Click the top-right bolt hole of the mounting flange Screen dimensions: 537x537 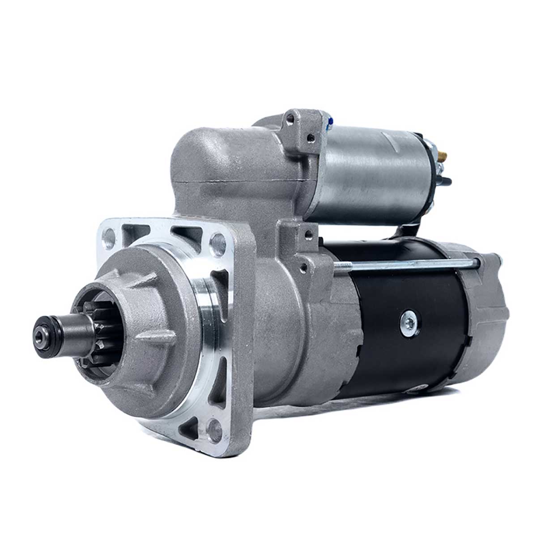[218, 241]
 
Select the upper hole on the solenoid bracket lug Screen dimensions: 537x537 [291, 119]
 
